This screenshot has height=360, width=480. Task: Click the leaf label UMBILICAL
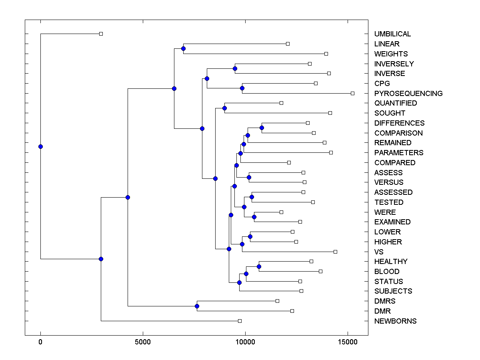click(392, 34)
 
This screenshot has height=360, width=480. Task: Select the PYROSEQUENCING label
click(408, 93)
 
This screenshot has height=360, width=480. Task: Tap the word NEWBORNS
click(395, 321)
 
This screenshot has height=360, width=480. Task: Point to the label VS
click(379, 252)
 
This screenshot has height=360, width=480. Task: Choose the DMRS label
click(385, 301)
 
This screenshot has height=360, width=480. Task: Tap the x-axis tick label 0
click(40, 342)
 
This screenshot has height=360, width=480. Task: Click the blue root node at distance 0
click(40, 146)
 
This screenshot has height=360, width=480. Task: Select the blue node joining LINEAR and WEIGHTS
click(183, 49)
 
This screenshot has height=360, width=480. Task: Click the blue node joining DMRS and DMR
click(197, 306)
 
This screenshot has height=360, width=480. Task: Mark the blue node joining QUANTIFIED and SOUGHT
click(224, 108)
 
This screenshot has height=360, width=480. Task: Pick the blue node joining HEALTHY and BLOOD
click(259, 266)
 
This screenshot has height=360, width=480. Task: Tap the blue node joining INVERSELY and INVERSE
click(235, 68)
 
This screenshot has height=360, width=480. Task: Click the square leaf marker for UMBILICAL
click(101, 34)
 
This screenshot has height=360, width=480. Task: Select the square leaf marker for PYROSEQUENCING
click(352, 93)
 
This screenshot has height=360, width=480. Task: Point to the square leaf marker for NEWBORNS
click(240, 321)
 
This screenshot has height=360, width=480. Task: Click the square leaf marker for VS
click(335, 252)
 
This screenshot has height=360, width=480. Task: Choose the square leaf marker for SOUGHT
click(330, 113)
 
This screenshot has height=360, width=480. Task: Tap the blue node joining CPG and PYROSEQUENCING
click(242, 88)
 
